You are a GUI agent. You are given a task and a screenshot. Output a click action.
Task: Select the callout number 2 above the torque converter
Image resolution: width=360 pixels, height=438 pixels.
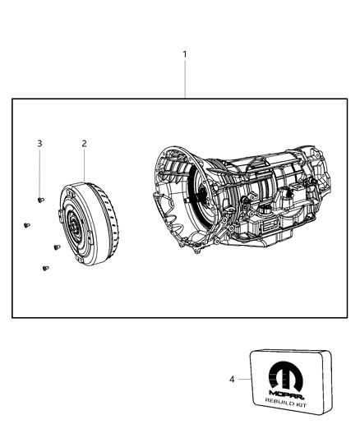pyautogui.click(x=84, y=143)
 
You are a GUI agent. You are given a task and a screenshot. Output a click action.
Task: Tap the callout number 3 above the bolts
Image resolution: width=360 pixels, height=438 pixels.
pyautogui.click(x=39, y=144)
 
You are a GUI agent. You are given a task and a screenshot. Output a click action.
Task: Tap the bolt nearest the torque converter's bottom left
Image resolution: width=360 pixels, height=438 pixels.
pyautogui.click(x=55, y=246)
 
